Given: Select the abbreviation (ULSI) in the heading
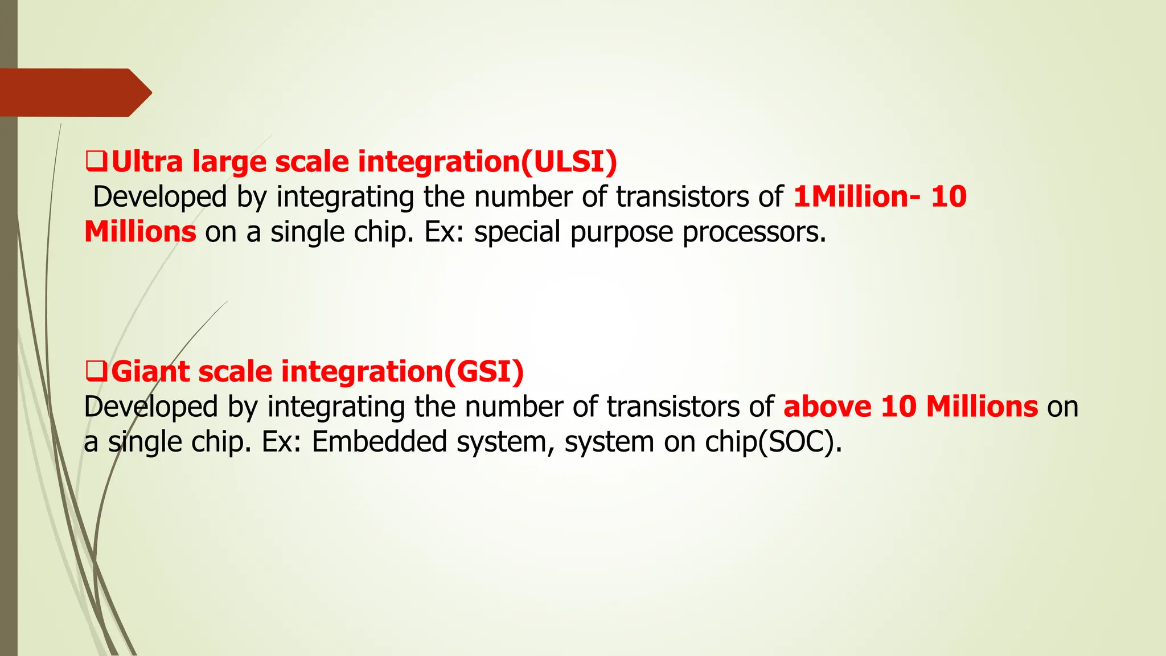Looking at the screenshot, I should (569, 162).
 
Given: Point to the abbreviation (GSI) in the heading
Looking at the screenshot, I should (483, 372).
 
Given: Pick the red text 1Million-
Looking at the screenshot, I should (856, 197).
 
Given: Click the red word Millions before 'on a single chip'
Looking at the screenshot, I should (140, 232).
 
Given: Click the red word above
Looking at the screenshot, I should (827, 407).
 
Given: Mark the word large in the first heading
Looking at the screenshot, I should (229, 163).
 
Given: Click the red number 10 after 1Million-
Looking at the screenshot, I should (949, 197).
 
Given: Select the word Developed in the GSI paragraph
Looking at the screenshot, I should (151, 407).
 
